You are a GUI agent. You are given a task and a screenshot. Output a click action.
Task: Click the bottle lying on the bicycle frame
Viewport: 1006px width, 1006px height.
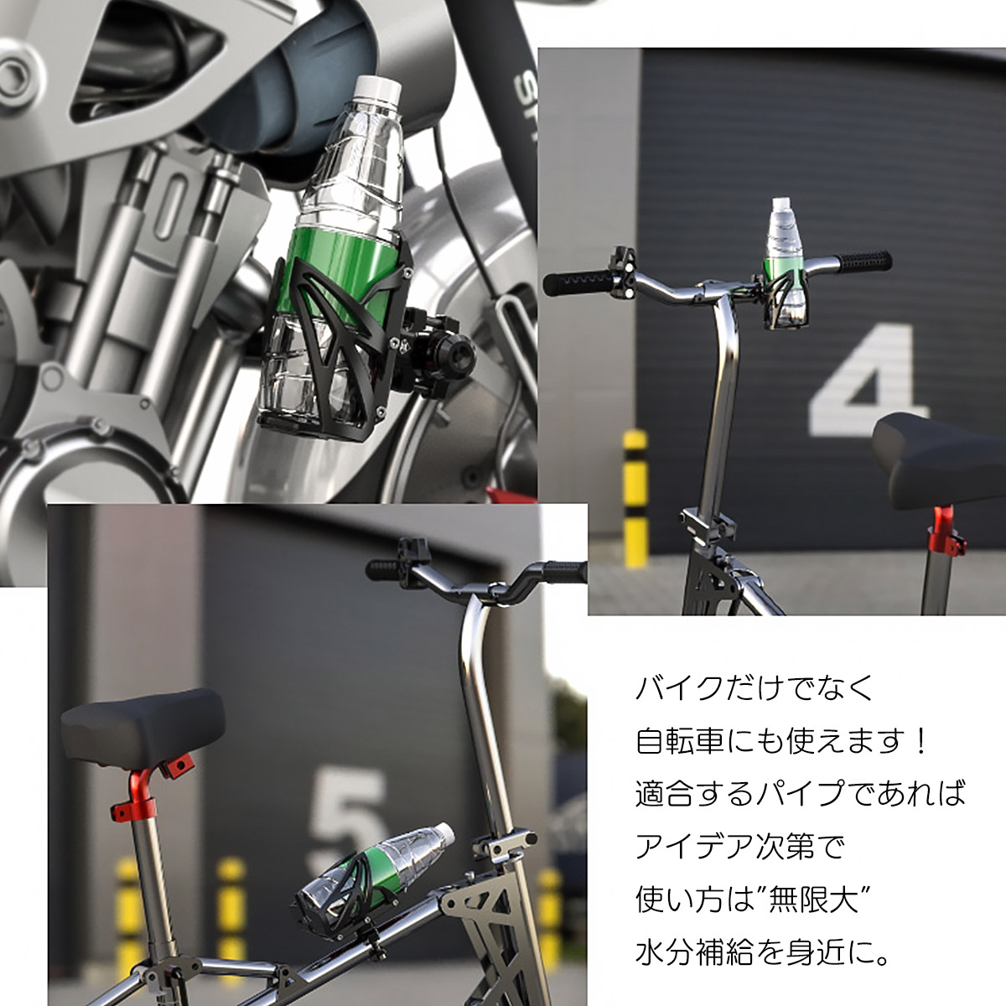tap(377, 872)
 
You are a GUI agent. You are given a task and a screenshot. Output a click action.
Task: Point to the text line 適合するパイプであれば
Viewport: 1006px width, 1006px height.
tap(801, 794)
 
